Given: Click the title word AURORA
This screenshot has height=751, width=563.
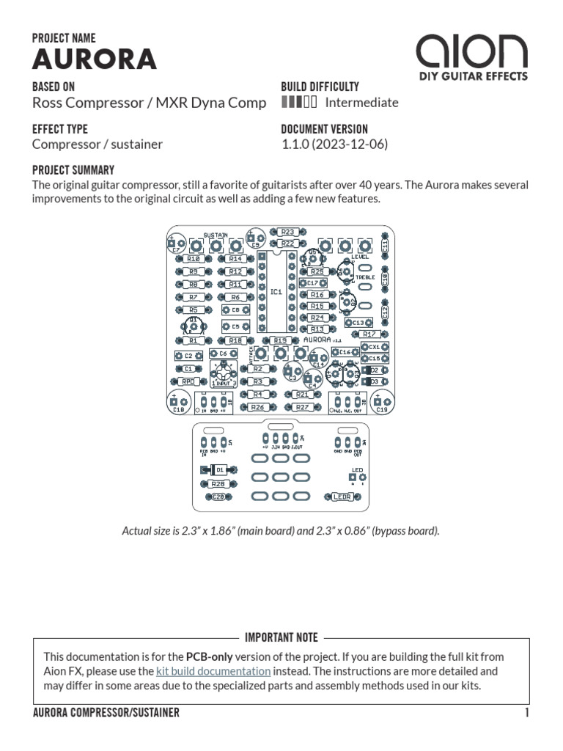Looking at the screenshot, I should (x=95, y=59).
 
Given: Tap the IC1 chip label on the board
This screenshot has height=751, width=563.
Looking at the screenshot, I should (x=276, y=291).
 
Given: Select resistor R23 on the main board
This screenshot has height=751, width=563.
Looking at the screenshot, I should (x=287, y=232).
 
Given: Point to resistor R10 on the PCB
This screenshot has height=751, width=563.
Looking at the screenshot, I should (x=194, y=259).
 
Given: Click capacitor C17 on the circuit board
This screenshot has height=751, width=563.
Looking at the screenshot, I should (x=312, y=282).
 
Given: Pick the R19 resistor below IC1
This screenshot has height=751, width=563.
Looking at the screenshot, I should (x=279, y=340).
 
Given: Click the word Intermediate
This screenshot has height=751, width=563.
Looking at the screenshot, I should (x=361, y=103).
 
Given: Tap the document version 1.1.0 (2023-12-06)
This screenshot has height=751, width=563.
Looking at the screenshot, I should (x=334, y=144).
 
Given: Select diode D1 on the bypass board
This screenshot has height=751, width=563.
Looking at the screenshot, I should (x=217, y=469).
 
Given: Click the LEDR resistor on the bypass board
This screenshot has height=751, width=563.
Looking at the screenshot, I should (x=342, y=497).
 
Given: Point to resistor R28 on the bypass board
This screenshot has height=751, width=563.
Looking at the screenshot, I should (x=217, y=484).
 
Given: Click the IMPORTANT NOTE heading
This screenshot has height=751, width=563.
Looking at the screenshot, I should (x=281, y=638).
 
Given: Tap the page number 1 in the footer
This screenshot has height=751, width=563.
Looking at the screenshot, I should (x=526, y=713).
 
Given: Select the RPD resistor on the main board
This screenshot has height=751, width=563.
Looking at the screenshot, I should (x=188, y=381).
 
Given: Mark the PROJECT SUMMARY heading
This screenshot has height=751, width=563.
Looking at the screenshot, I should (x=73, y=169).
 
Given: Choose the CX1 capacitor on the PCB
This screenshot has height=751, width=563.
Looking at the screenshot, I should (x=374, y=347).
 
